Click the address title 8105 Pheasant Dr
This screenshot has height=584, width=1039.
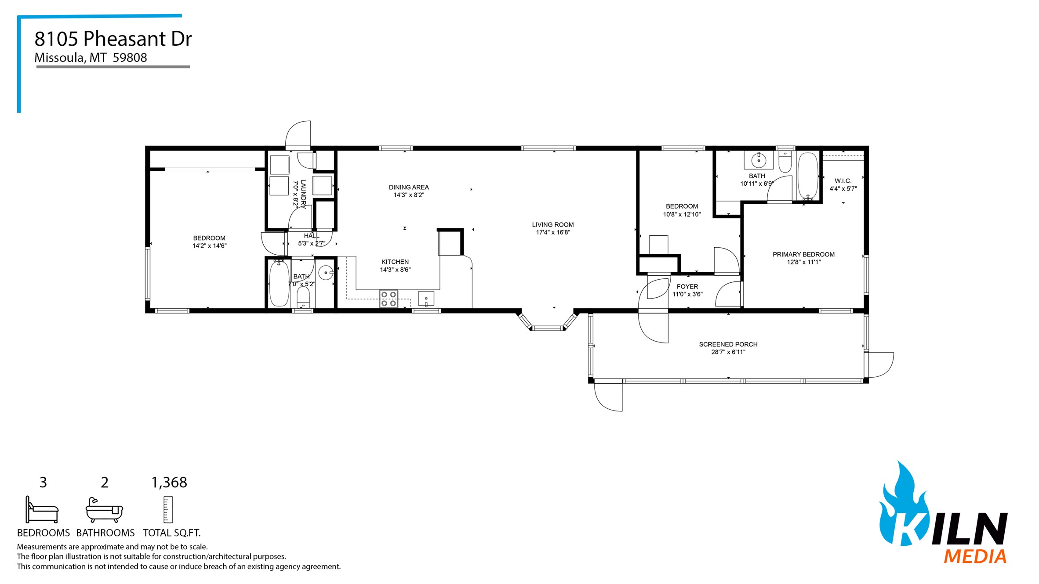tap(113, 39)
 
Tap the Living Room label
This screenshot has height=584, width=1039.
tap(552, 224)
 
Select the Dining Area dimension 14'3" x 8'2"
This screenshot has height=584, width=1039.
tap(408, 195)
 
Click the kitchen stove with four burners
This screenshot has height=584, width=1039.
tap(389, 299)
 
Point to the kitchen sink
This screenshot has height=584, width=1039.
tap(426, 299)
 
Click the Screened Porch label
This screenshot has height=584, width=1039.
tap(728, 344)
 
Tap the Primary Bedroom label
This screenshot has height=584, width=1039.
tap(803, 254)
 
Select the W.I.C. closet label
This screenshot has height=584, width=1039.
tap(843, 181)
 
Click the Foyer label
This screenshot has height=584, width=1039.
tap(687, 286)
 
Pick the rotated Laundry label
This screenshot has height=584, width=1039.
tap(303, 194)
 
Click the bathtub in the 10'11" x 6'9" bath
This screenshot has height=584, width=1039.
tap(807, 176)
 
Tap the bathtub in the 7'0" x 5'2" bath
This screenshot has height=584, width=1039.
tap(279, 283)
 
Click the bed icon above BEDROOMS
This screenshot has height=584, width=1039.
tap(42, 510)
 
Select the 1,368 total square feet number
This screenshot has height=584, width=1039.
tap(169, 483)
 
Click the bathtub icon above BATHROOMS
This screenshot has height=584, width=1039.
tap(104, 510)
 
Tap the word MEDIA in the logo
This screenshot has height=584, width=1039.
tap(974, 557)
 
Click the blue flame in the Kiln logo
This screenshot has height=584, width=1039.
tap(901, 505)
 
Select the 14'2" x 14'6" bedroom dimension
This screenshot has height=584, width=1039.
tap(209, 246)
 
